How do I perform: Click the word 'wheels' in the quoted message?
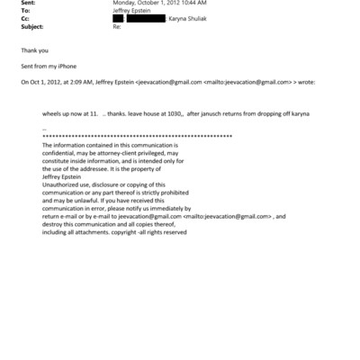[x=53, y=117]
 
